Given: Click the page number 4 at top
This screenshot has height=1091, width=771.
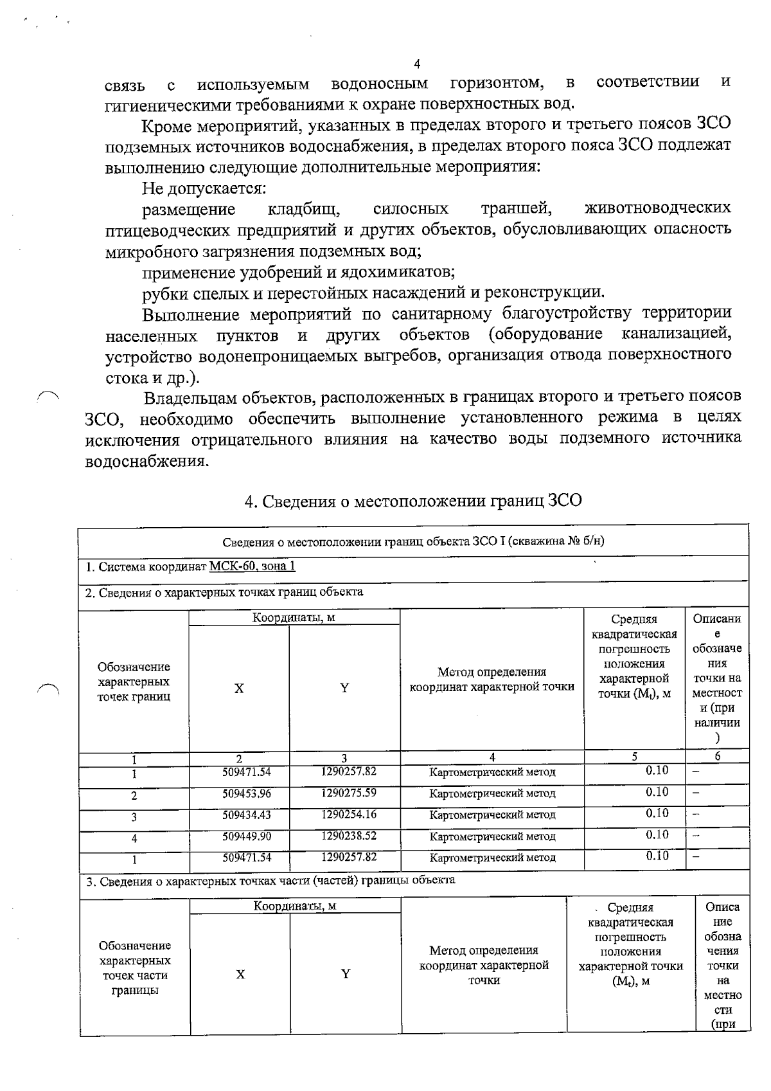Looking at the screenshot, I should coord(417,64).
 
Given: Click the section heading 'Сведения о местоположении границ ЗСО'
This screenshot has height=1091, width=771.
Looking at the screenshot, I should coord(413,501).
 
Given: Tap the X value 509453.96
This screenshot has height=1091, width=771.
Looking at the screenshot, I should coord(247,793).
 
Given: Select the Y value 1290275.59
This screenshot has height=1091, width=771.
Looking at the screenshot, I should coord(349,793).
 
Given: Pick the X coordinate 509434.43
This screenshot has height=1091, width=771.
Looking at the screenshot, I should coord(247,815).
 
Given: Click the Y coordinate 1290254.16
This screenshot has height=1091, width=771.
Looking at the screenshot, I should coord(349,815).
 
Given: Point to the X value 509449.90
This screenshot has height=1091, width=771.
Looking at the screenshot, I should coord(247,836).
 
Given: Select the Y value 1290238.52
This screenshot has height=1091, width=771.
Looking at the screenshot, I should coord(349,836).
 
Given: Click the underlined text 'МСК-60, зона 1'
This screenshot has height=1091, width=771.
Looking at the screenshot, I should coord(253,567).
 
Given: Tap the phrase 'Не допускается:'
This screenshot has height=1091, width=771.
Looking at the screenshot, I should coord(204,189).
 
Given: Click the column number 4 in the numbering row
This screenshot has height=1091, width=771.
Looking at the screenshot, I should coord(492,757).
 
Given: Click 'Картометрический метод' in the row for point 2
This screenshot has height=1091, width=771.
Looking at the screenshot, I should coord(492,794).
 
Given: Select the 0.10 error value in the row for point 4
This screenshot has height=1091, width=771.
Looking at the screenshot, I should coord(657,834).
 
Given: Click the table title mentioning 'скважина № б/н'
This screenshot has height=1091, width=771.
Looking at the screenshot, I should coord(413,541).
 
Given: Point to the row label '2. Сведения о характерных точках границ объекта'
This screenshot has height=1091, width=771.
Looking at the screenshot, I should coord(224,592).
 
